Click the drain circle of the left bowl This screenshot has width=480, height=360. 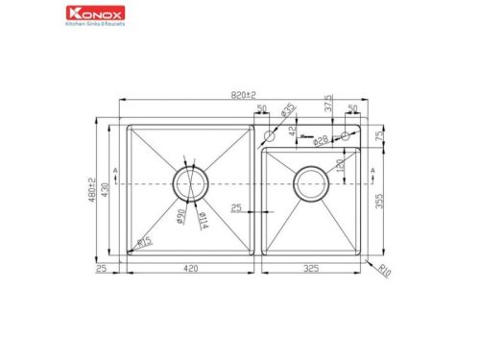(190, 182)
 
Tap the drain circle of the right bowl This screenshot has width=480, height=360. (310, 182)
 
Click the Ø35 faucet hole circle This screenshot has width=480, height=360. (269, 143)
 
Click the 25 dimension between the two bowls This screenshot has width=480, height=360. (236, 207)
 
